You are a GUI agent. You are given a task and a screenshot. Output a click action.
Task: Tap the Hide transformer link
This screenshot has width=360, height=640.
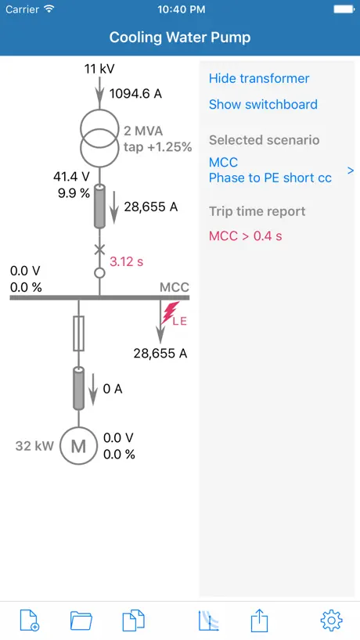(259, 78)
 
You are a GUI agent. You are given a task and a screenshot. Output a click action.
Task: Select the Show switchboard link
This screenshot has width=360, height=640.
(263, 104)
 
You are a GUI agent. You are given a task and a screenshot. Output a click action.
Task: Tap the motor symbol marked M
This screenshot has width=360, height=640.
(78, 446)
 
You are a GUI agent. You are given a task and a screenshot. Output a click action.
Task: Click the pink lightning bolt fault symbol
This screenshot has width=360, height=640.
(170, 313)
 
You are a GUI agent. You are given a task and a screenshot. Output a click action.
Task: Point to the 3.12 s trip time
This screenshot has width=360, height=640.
(127, 261)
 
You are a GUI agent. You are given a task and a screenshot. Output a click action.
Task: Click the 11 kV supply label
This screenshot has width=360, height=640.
(99, 69)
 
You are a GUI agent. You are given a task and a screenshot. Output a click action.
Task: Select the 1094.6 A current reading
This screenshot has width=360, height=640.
(135, 94)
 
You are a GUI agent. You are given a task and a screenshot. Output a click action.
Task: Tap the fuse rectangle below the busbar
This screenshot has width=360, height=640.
(79, 333)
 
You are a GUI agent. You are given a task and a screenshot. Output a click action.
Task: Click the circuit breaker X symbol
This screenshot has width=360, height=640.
(99, 249)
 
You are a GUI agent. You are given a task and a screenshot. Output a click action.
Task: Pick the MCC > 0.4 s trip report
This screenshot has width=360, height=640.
(245, 236)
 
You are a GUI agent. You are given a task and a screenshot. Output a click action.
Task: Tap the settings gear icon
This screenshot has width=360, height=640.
(331, 620)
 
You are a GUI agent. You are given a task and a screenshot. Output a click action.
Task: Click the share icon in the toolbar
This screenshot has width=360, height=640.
(260, 620)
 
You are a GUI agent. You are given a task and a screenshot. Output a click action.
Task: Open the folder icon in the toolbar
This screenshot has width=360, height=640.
(81, 621)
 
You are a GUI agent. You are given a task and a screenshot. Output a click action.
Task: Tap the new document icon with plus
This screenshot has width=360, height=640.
(30, 620)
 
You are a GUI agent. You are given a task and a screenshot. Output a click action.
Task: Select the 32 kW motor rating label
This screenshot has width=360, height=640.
(34, 446)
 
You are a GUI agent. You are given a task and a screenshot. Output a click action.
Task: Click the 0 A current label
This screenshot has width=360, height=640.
(113, 389)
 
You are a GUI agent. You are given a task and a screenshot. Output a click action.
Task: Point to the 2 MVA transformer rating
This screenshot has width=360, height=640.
(143, 131)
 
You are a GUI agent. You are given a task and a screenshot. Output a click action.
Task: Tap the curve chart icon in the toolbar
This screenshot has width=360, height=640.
(209, 620)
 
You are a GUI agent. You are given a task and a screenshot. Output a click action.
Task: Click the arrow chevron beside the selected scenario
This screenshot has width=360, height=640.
(350, 171)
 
